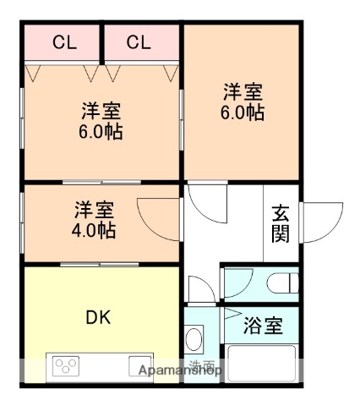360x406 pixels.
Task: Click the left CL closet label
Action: point(62,41)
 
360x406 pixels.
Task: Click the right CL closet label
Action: point(139,41)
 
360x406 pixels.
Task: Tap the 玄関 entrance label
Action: point(281,224)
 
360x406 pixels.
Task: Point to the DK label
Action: point(98,318)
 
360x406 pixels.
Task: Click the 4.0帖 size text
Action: point(94,229)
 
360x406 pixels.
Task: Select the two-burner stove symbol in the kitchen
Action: point(65,366)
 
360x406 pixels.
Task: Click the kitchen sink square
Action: point(140,366)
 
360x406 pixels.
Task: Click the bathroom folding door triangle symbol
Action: point(232,315)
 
